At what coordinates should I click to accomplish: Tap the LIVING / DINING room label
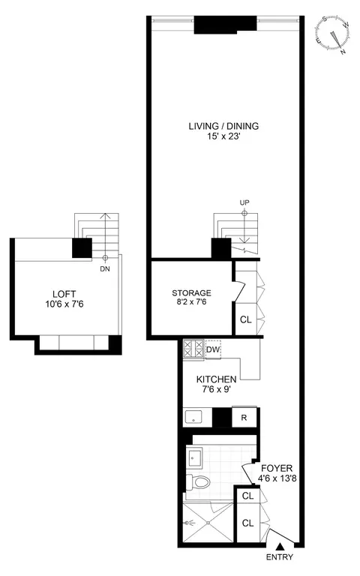[228, 126]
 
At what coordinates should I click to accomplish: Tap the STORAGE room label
[191, 292]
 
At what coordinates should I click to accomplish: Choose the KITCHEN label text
[217, 379]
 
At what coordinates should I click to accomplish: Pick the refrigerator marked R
[244, 418]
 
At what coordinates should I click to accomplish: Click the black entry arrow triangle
[279, 546]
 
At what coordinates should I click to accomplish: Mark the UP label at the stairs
[244, 202]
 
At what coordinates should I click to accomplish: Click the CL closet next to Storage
[245, 319]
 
